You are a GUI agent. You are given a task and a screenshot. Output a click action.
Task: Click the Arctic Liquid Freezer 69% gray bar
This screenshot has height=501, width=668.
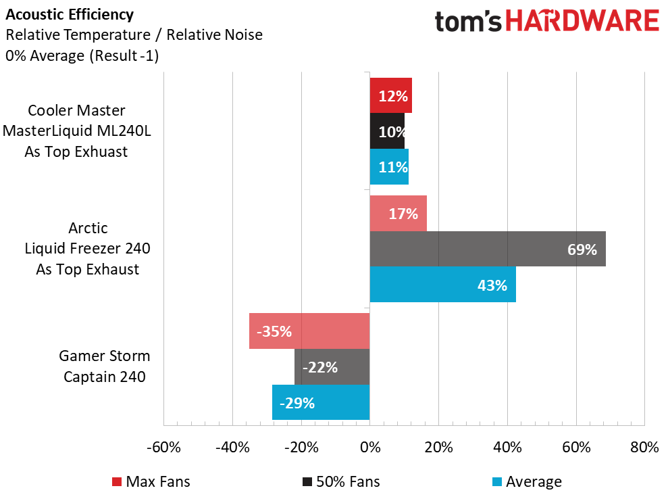(487, 249)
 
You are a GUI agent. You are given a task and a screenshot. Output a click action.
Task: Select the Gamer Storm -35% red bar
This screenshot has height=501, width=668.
(309, 331)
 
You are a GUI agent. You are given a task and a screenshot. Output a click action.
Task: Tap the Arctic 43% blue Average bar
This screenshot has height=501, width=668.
(442, 285)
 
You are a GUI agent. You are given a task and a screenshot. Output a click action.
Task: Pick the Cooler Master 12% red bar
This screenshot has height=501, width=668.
(390, 96)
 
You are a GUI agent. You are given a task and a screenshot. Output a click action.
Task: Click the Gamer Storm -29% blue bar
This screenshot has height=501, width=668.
(321, 403)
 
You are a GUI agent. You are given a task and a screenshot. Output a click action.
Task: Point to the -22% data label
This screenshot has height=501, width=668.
(319, 368)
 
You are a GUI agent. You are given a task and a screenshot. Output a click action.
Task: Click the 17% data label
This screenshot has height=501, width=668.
(403, 214)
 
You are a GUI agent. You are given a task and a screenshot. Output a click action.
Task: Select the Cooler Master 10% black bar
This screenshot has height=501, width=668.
(387, 131)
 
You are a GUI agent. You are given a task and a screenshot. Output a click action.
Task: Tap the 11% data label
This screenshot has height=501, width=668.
(392, 167)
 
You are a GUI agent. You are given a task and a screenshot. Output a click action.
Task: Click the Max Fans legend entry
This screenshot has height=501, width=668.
(151, 481)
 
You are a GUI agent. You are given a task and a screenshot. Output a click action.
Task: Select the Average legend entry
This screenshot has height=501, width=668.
(525, 481)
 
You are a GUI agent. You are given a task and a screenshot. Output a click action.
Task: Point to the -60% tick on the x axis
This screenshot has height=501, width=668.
(163, 448)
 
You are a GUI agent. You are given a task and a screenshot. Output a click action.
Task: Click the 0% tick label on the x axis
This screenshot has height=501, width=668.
(369, 448)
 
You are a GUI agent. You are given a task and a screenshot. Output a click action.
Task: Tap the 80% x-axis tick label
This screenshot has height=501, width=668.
(644, 448)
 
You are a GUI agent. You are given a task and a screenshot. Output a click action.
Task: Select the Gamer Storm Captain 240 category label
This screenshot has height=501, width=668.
(105, 366)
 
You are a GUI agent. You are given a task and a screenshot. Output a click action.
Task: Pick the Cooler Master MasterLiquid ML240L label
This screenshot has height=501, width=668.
(76, 130)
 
